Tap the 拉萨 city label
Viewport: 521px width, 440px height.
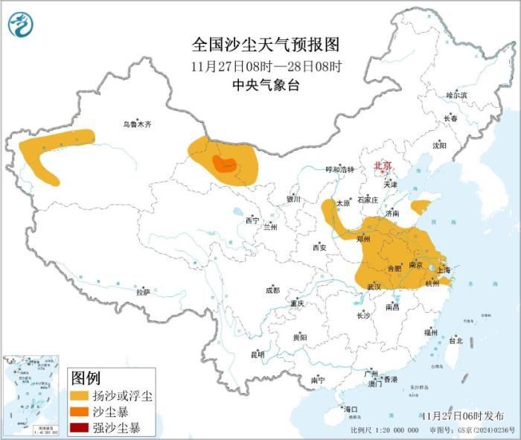coord(144,293)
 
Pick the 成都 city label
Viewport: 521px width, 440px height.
coord(272,290)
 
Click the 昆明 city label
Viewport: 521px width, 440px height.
coord(258,354)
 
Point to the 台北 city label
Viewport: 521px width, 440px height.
coord(456,340)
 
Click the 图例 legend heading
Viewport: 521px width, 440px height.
coord(85,378)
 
